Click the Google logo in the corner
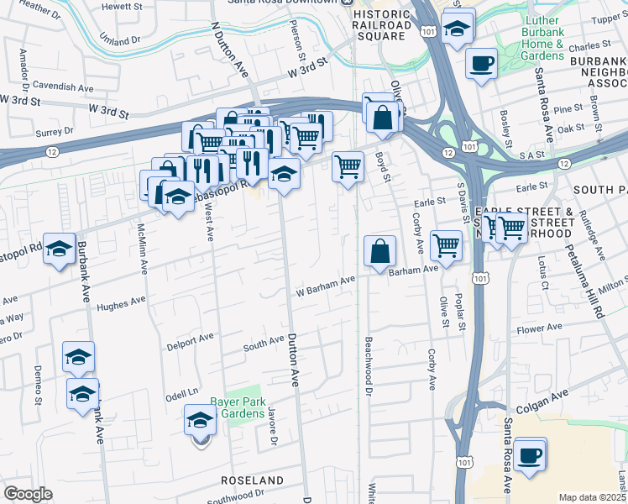click(28, 494)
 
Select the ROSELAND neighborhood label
click(252, 480)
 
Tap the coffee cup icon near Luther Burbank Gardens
click(481, 64)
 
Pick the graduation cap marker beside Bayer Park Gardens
click(201, 419)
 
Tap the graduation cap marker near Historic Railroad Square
click(456, 29)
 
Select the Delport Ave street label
click(190, 340)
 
